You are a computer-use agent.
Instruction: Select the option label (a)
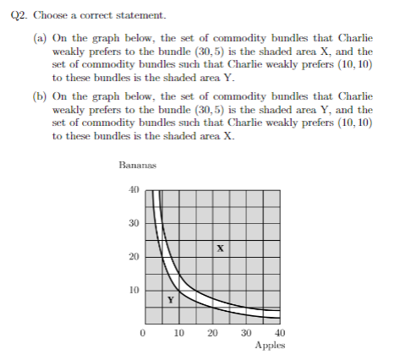tap(40, 39)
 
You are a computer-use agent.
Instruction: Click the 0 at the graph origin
tap(144, 334)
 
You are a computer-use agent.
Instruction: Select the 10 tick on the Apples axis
tap(178, 334)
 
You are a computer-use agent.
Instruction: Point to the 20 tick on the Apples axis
tap(212, 334)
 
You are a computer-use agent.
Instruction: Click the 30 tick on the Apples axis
tap(246, 334)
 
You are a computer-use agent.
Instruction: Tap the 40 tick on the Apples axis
tap(280, 334)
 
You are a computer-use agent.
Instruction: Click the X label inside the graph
tap(219, 248)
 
